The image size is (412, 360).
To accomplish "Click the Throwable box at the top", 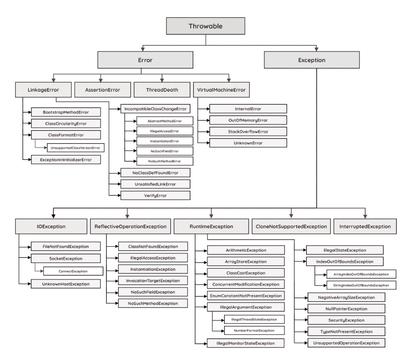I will (205, 26).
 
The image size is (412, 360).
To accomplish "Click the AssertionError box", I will (102, 90).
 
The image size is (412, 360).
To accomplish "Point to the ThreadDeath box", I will (162, 90).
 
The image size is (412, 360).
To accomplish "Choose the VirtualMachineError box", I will (221, 90).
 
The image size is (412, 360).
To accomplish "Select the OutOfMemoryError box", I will (248, 120).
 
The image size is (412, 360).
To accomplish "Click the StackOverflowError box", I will (248, 132).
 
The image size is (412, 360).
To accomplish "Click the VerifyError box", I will (155, 195).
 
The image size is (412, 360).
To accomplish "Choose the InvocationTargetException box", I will (152, 280).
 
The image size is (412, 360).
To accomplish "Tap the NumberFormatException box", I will (248, 330).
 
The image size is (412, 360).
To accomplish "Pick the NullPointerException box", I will (346, 309).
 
